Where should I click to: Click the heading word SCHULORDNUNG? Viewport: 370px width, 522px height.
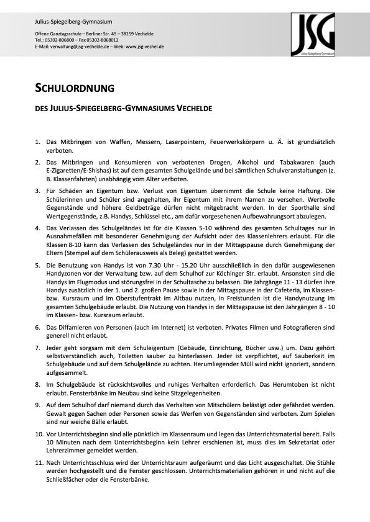coord(74,88)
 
